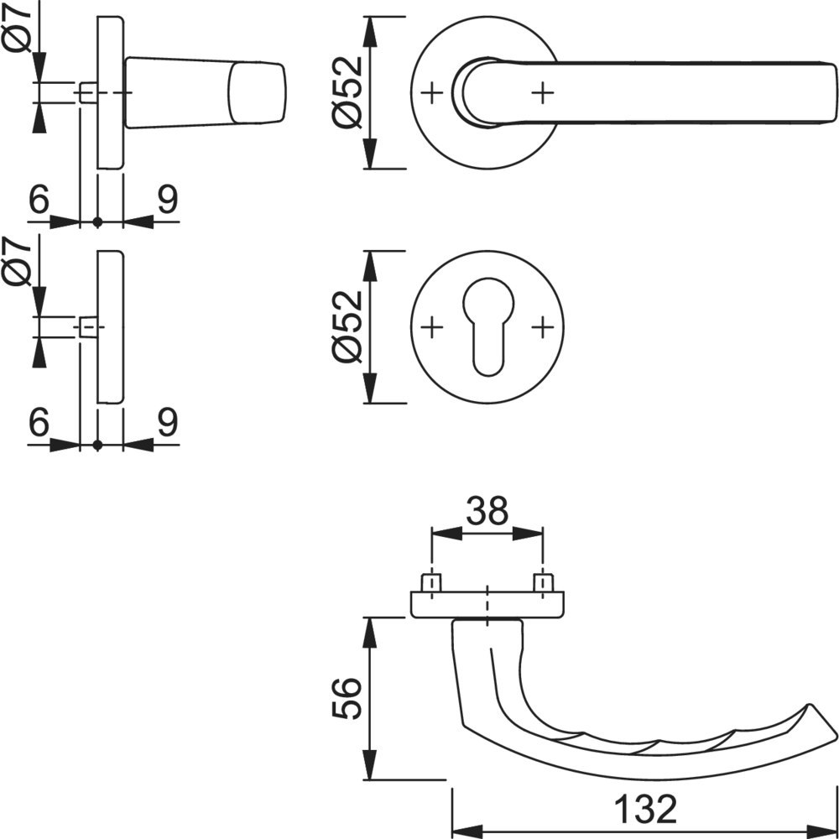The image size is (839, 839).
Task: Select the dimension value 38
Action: point(487,510)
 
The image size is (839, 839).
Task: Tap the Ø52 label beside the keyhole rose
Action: point(347,326)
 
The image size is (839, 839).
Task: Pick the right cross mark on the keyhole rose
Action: point(544,326)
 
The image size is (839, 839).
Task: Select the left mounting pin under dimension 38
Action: point(431,581)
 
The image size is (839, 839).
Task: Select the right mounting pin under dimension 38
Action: point(544,581)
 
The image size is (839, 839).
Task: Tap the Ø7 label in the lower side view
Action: point(18,262)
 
